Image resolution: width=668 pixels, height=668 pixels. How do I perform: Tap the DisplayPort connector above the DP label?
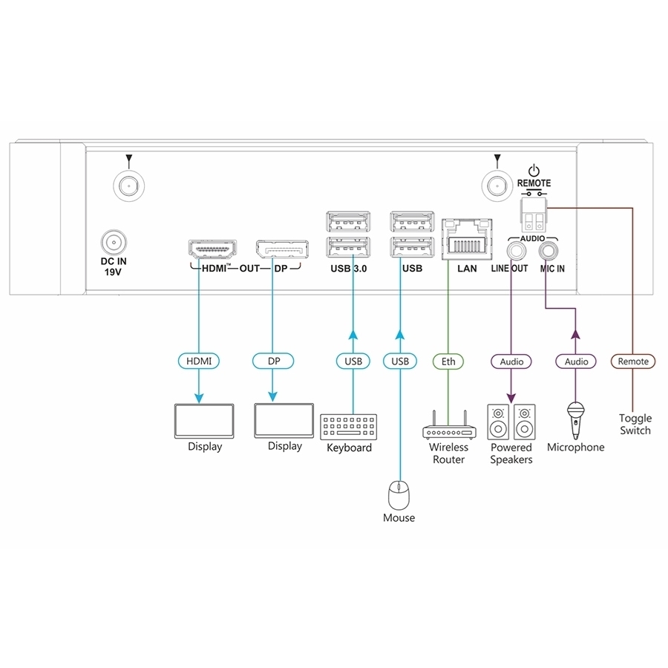283,249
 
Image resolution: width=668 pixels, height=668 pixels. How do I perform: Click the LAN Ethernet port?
467,238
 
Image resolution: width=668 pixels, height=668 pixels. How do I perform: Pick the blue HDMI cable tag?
199,361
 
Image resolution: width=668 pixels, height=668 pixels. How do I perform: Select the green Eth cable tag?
448,361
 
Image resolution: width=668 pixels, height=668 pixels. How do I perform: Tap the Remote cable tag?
633,361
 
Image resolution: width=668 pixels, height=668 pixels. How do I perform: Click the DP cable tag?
273,361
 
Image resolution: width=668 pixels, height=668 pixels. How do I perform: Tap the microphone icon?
574,419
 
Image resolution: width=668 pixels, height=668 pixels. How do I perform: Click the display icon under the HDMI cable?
203,421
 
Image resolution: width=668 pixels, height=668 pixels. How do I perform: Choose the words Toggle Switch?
635,424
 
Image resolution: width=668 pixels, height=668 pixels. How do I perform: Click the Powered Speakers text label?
511,453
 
